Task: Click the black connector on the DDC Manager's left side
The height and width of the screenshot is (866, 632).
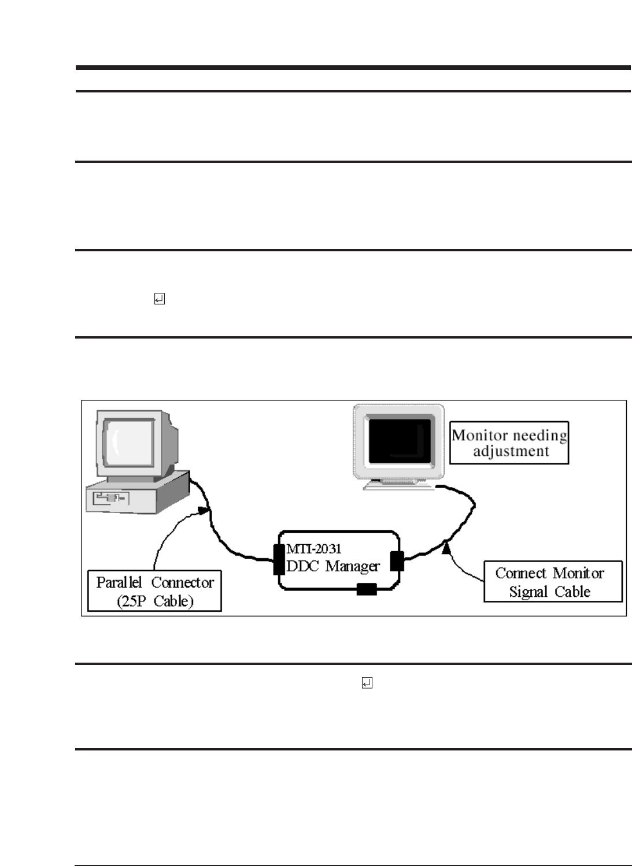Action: click(279, 559)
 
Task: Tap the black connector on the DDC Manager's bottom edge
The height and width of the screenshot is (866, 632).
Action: click(367, 589)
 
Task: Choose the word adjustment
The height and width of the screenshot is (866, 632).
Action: click(511, 451)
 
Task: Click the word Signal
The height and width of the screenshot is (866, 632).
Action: click(528, 592)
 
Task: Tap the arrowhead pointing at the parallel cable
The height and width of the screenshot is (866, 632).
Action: click(202, 510)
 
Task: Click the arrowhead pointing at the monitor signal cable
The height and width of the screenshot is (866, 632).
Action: click(446, 546)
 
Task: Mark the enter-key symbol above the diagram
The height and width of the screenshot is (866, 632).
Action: click(159, 299)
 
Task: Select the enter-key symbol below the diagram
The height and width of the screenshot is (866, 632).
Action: click(367, 683)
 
